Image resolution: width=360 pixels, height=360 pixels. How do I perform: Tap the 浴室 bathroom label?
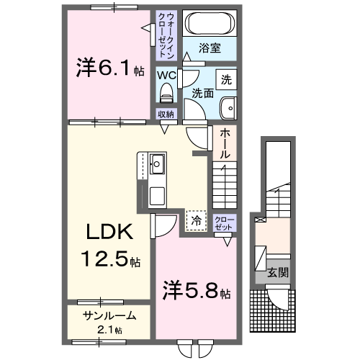point(210,48)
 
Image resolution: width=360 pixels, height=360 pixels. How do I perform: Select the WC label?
point(167,75)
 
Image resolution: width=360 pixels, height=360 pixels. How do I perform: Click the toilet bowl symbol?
point(167,91)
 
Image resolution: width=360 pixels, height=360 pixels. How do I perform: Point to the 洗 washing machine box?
point(227,79)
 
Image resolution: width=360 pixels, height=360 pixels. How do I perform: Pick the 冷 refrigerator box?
point(195,220)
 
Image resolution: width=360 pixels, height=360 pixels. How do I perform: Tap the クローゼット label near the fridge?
point(224,221)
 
